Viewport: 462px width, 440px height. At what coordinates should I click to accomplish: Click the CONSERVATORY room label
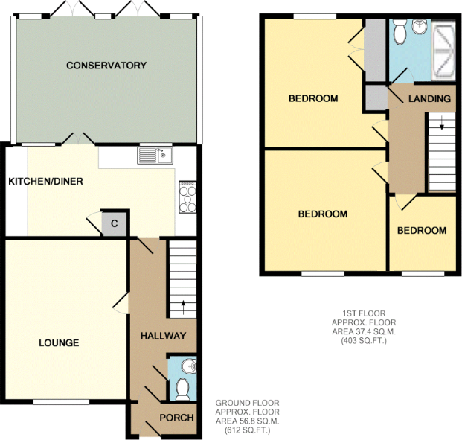click(x=106, y=66)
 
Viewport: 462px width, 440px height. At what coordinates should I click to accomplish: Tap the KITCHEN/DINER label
click(x=45, y=181)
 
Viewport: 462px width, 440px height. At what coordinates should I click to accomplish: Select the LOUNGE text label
click(x=60, y=342)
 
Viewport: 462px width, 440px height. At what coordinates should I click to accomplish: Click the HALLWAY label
click(x=163, y=336)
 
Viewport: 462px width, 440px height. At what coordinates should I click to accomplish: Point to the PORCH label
click(x=177, y=417)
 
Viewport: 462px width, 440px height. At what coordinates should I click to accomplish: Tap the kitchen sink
click(x=155, y=155)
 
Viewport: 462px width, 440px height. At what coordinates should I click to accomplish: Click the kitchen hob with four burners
click(x=187, y=197)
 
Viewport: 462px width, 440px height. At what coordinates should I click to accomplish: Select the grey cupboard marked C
click(x=115, y=223)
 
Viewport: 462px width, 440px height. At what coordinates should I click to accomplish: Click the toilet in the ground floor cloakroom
click(x=183, y=388)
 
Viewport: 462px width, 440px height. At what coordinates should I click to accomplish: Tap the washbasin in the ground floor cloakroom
click(x=188, y=366)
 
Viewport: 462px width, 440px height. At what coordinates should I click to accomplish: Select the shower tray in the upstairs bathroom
click(x=443, y=52)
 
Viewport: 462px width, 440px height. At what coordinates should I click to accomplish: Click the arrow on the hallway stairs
click(x=183, y=304)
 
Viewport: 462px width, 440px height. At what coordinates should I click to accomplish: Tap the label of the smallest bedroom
click(x=421, y=230)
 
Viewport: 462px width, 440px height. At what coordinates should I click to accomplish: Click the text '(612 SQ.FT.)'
click(x=247, y=430)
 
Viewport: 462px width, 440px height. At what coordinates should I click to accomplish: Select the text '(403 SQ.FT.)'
click(x=359, y=340)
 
